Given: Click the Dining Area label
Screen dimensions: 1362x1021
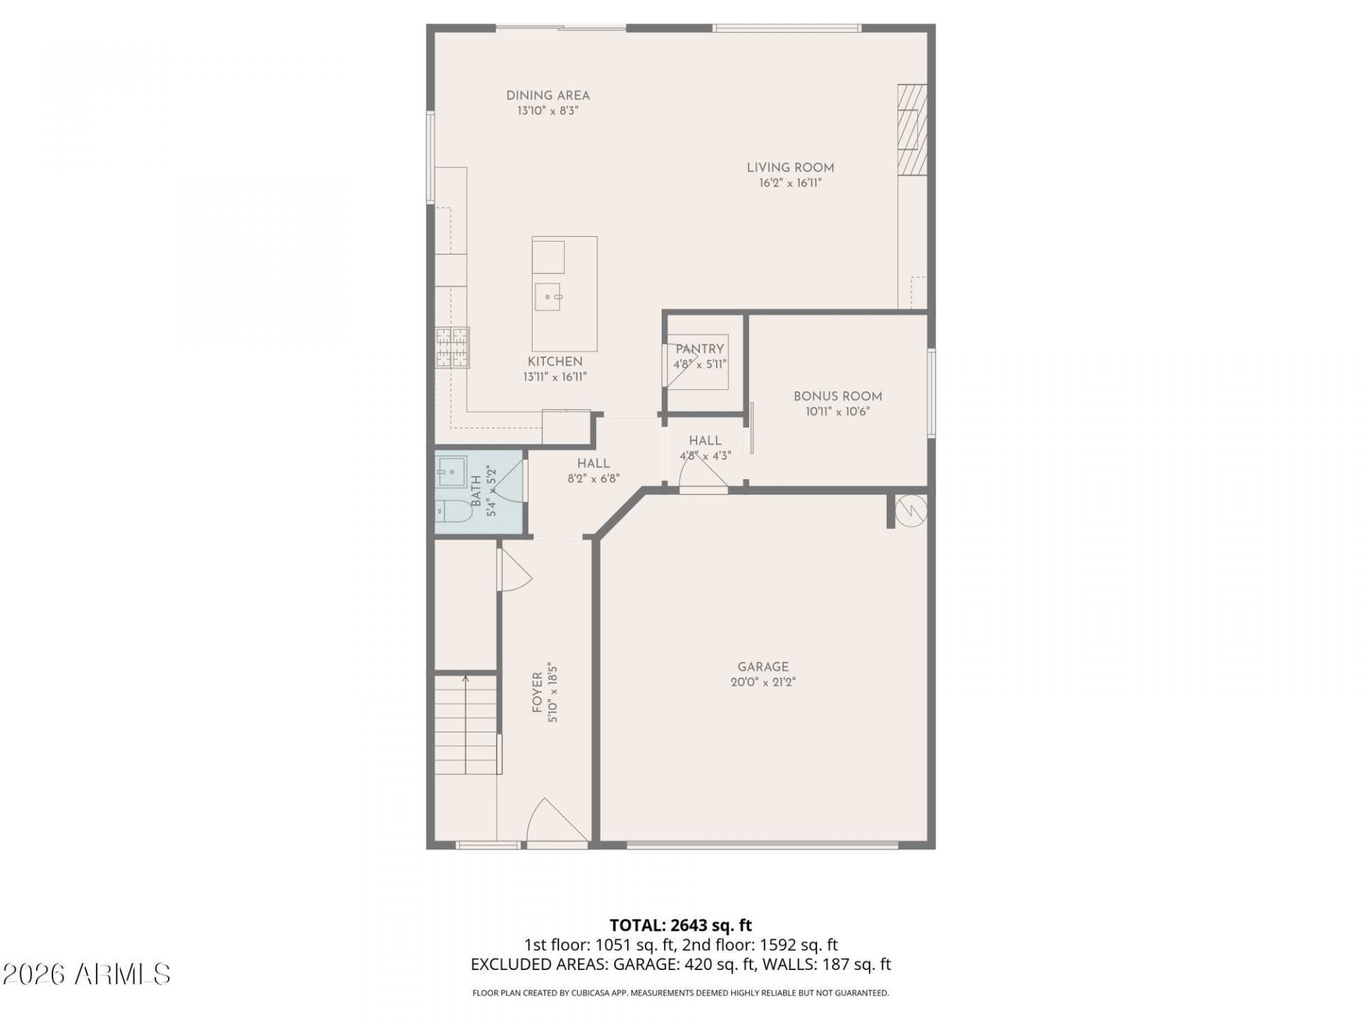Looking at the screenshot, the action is [548, 96].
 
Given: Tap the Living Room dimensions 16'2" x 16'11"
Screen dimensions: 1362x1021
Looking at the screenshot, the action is [790, 183].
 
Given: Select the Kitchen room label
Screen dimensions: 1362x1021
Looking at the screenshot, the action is [555, 362].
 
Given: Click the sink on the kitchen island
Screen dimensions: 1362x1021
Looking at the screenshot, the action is [548, 296].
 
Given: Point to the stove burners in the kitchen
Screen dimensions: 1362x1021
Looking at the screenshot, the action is [453, 347].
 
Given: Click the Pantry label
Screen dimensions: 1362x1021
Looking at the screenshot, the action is [699, 349].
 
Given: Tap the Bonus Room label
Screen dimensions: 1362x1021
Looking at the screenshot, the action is [838, 396].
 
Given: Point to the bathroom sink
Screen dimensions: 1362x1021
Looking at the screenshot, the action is [450, 470].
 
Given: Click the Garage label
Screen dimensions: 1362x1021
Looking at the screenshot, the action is [763, 666].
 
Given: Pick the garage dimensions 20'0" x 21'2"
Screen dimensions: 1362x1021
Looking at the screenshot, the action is [763, 682].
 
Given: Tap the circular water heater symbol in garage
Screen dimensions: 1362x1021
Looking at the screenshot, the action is [910, 510].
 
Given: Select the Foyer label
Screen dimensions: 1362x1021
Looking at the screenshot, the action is [538, 693].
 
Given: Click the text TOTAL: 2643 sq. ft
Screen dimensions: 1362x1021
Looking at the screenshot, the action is [681, 925].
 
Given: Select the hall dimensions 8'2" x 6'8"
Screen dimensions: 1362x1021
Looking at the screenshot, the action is [594, 479].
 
